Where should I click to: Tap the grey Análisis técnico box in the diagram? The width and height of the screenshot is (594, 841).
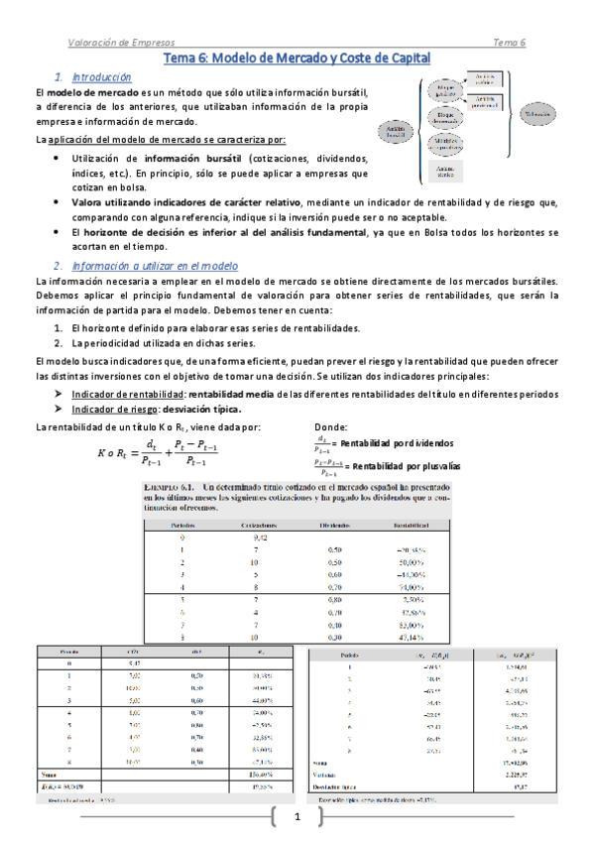[445, 171]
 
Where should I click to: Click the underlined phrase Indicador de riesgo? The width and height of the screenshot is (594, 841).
[117, 409]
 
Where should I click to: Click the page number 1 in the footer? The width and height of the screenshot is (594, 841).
[296, 817]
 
